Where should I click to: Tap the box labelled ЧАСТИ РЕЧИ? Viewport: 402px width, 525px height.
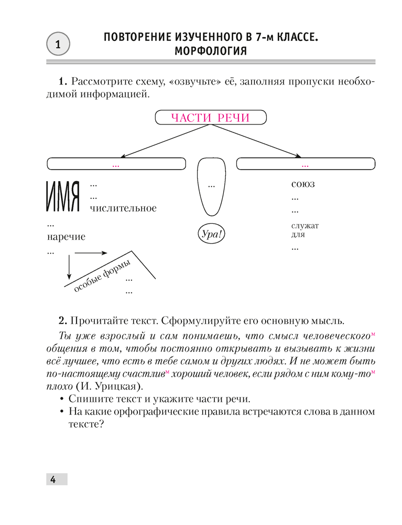(211, 118)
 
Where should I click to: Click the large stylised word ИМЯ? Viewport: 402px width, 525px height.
(62, 198)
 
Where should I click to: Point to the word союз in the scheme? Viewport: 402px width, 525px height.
(303, 185)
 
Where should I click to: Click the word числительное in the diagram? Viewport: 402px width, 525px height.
(123, 208)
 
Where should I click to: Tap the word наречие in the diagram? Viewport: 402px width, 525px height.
(66, 237)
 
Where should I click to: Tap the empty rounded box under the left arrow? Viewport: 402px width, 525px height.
(116, 164)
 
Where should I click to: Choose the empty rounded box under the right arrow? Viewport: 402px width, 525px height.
(307, 164)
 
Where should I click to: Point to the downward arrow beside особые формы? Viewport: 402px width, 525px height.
(69, 267)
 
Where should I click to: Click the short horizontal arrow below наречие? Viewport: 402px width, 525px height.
(92, 253)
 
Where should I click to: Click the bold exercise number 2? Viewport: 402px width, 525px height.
(61, 320)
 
